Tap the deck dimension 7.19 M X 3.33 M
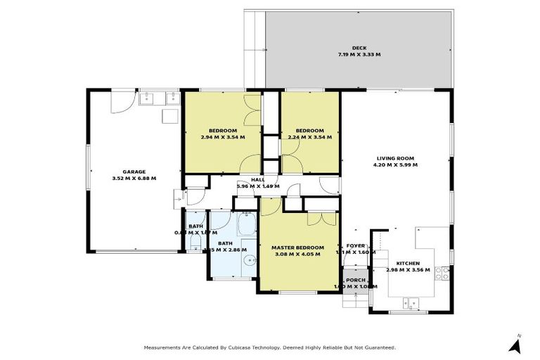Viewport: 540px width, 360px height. (x=359, y=54)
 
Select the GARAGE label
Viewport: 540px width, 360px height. (x=134, y=172)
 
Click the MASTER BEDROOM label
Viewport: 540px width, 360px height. (x=297, y=247)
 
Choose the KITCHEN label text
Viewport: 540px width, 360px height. (x=408, y=263)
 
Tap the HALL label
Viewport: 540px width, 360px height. (x=257, y=180)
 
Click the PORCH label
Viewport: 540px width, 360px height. (x=356, y=280)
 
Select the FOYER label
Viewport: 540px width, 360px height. (x=356, y=246)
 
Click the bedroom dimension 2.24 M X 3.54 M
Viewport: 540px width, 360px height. (x=309, y=137)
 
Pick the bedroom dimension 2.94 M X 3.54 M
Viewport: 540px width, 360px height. (x=223, y=137)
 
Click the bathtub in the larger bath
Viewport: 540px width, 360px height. (x=247, y=227)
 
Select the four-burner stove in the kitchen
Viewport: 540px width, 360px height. (x=442, y=273)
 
